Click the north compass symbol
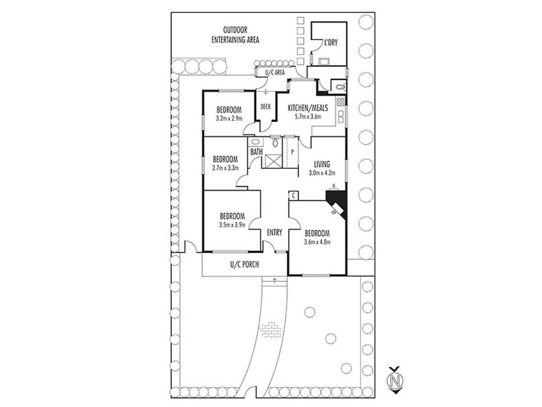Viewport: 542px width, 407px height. tap(395, 380)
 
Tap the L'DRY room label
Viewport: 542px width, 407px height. tap(331, 43)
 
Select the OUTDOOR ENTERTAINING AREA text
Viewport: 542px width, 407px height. tap(235, 35)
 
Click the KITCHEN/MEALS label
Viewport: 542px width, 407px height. tap(308, 108)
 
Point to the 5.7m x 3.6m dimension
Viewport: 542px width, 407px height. tap(308, 117)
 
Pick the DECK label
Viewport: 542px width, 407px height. tap(266, 107)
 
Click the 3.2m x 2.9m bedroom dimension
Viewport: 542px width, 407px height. tap(229, 118)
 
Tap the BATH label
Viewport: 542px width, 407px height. tap(257, 151)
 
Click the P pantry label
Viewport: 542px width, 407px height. tap(293, 151)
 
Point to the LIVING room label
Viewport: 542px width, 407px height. tap(322, 164)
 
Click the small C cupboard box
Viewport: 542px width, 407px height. tap(293, 195)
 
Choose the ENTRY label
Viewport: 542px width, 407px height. tap(274, 233)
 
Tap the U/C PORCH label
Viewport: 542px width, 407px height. tap(245, 265)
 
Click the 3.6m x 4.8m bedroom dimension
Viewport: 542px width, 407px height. tap(317, 242)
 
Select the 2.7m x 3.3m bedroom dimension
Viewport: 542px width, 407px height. tap(226, 168)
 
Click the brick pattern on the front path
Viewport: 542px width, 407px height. tap(270, 330)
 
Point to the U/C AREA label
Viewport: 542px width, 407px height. tap(275, 73)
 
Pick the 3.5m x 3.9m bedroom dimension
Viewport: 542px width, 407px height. tap(232, 225)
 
